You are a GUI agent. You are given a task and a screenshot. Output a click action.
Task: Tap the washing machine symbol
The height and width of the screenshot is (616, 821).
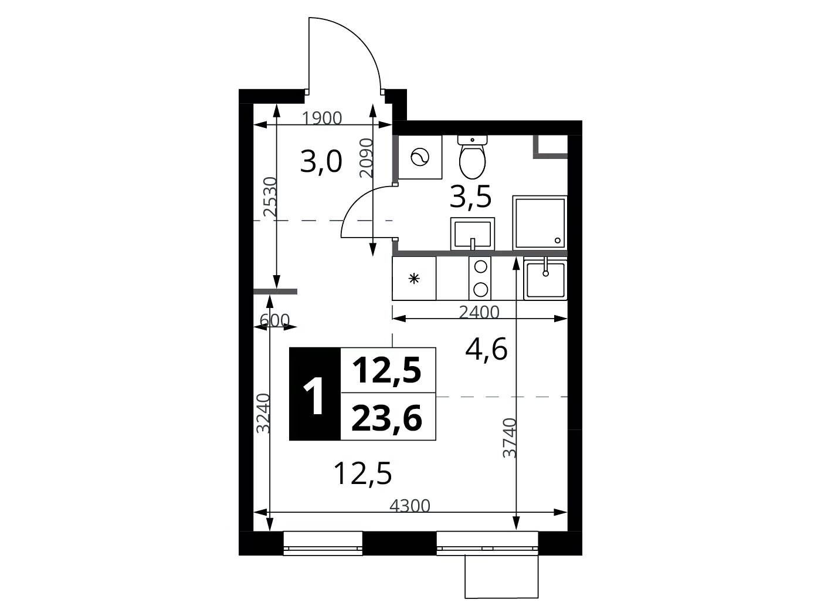coord(420,157)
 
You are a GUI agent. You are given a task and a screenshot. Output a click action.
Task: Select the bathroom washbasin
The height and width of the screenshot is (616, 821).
coord(473,233)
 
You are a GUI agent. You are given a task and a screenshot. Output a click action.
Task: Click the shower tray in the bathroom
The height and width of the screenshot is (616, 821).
coord(540,222)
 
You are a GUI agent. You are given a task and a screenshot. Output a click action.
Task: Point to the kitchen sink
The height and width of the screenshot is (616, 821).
coord(546,279)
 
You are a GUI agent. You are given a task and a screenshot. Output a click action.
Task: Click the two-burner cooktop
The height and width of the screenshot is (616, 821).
coord(480,278)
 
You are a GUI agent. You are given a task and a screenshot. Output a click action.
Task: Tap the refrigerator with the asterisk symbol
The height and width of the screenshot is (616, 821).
coord(414,278)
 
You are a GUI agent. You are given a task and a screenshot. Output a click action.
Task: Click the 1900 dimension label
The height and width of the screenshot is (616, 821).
coord(322,119)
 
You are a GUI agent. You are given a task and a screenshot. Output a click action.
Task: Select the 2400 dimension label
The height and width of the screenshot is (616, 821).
coord(479,312)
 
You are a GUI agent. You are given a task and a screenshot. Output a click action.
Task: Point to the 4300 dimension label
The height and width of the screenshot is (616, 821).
coord(410,506)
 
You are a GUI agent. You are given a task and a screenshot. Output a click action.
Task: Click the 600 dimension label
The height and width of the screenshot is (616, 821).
coord(274,320)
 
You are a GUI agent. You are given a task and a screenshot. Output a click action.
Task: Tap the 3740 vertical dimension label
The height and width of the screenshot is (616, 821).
coord(510,438)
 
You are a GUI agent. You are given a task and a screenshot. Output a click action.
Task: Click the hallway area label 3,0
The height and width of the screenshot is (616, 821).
coord(321,162)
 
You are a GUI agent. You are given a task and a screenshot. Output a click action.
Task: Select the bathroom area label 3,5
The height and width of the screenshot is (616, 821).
coord(470,197)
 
